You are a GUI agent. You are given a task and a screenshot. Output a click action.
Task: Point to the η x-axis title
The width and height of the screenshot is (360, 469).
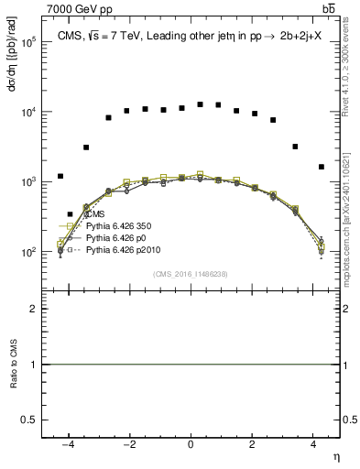point(334,456)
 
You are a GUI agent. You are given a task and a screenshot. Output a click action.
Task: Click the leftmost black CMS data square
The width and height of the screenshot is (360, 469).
point(60,176)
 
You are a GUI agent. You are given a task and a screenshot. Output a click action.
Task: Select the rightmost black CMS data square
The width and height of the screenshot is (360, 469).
point(321,167)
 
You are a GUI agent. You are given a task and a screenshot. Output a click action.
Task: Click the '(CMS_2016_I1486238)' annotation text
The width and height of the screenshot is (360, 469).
point(191,274)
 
